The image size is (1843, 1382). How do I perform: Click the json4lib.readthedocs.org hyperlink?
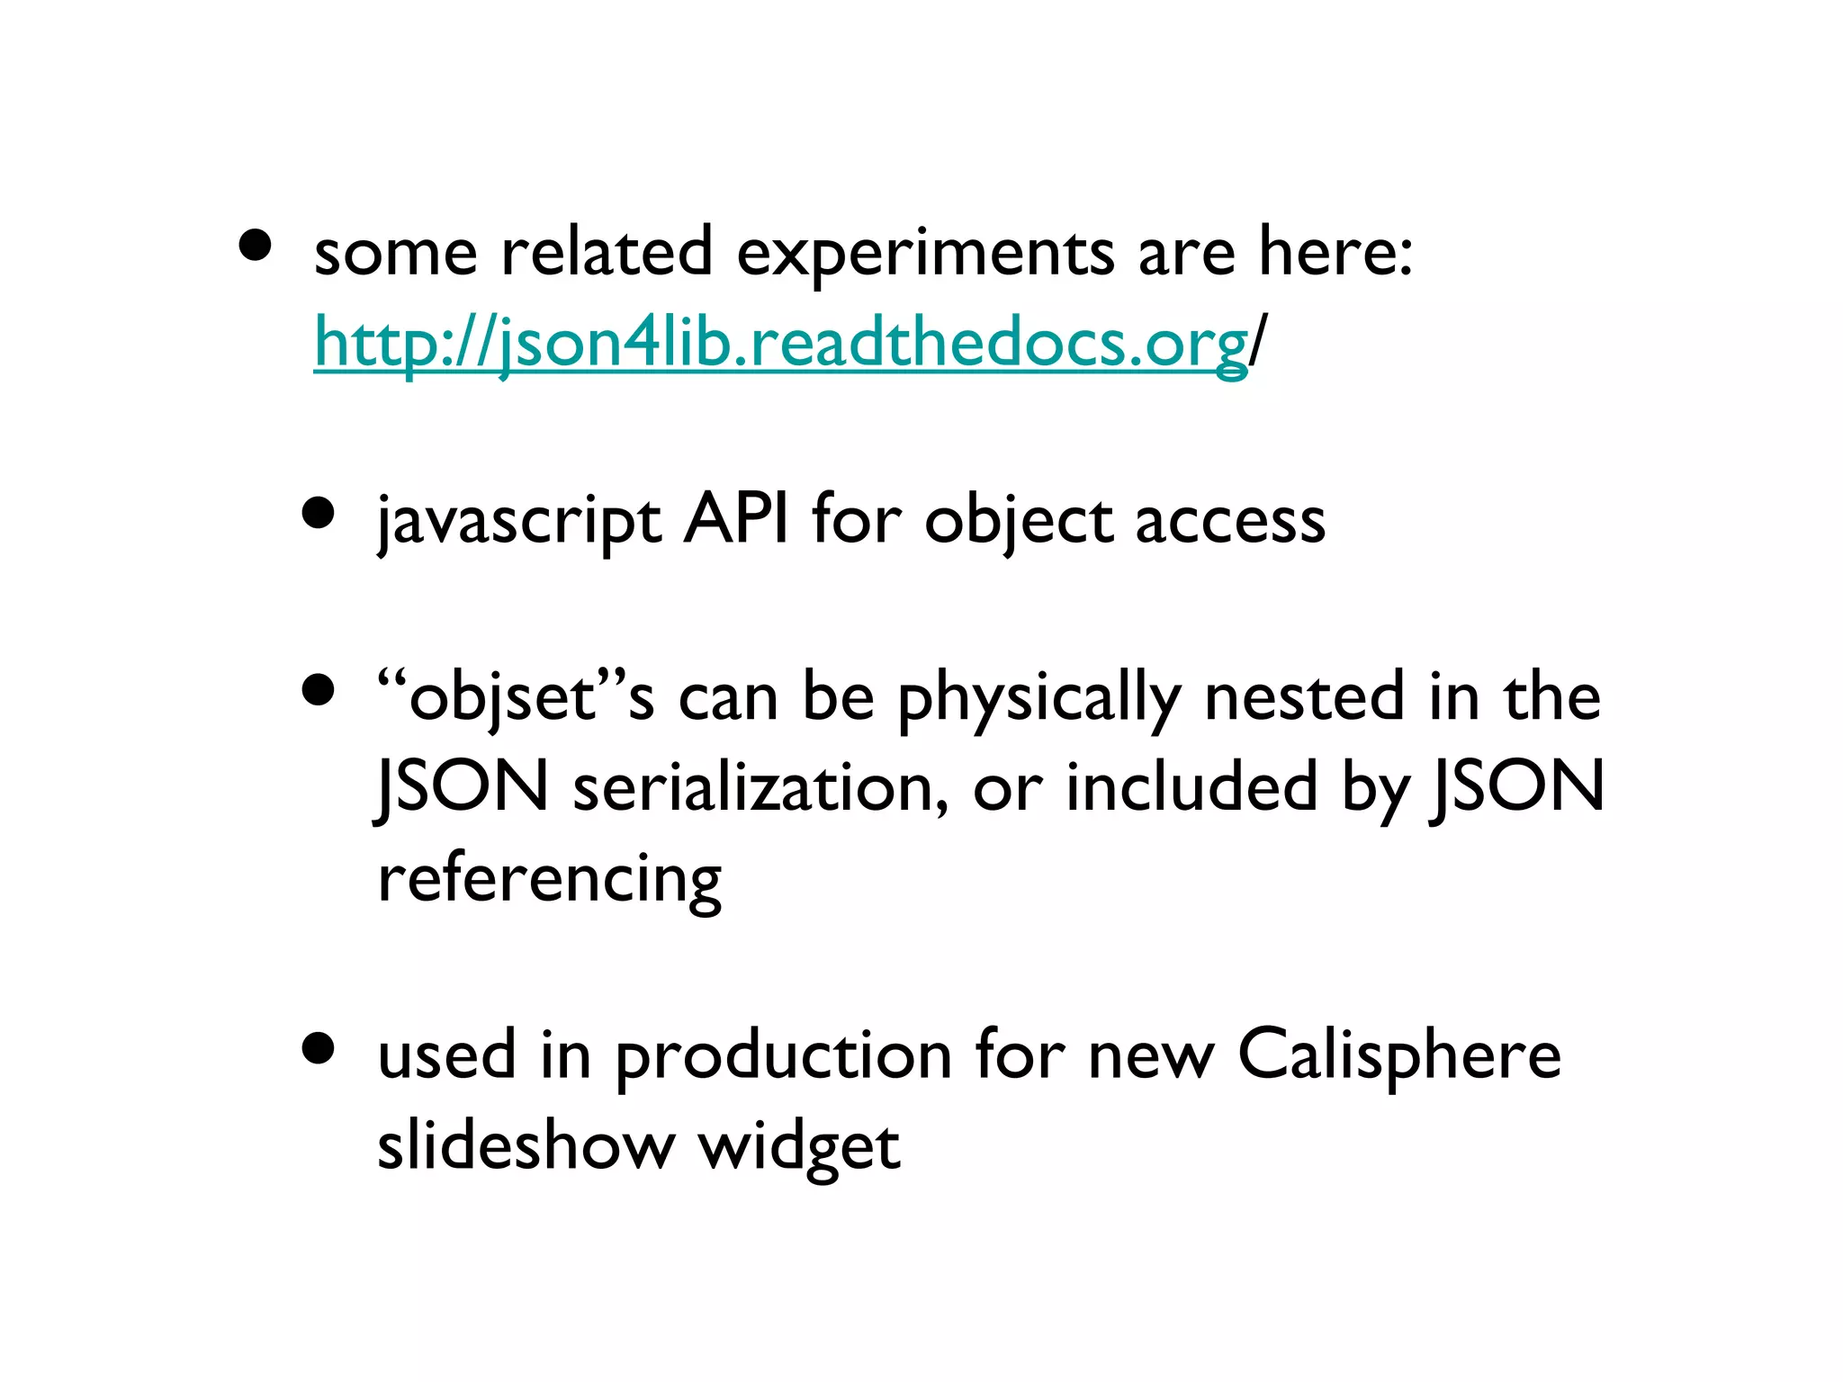click(x=780, y=343)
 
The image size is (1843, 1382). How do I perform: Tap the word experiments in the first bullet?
click(x=925, y=254)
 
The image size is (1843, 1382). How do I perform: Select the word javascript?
click(x=519, y=522)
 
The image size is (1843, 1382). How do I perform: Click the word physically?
click(x=1038, y=700)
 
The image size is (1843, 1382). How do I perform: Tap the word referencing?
click(x=549, y=880)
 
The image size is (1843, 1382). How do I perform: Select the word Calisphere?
click(x=1399, y=1054)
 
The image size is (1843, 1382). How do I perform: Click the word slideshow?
click(x=526, y=1145)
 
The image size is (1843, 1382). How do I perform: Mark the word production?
click(x=784, y=1056)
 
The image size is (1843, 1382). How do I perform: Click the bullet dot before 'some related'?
click(x=256, y=246)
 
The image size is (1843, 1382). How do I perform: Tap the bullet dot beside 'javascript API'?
click(x=319, y=514)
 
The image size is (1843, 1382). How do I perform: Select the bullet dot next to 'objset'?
click(x=319, y=691)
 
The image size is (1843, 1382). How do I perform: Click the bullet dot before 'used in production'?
click(x=319, y=1048)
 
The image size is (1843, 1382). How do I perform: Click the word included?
click(x=1191, y=786)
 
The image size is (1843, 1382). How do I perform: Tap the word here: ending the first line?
click(x=1335, y=252)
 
